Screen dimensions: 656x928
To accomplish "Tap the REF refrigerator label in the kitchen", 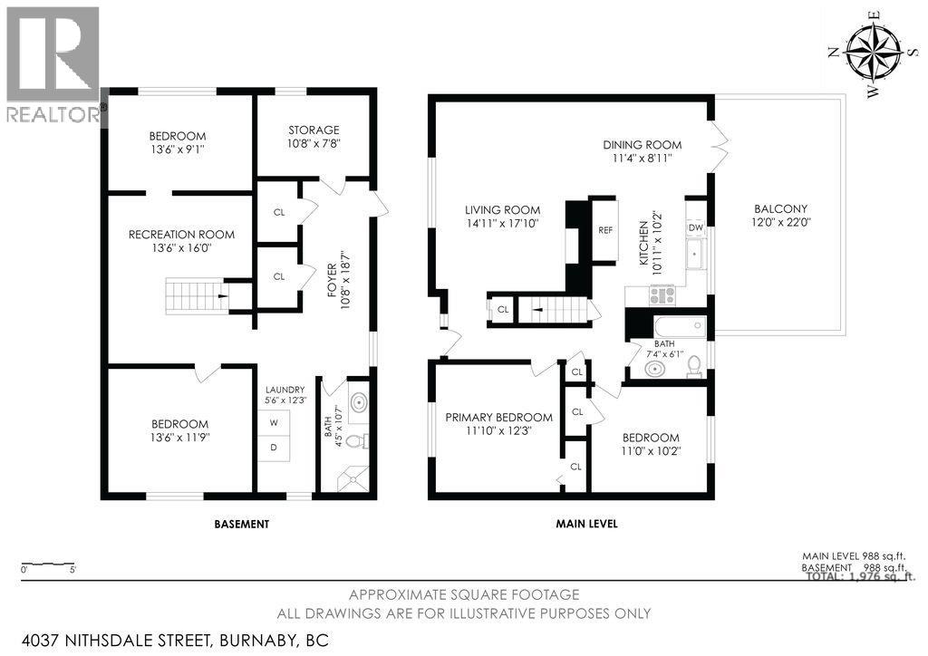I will pyautogui.click(x=605, y=230).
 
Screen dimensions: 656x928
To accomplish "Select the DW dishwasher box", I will pyautogui.click(x=696, y=227).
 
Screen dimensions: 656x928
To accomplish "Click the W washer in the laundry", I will pyautogui.click(x=273, y=422).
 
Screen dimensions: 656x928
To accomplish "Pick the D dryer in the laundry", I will pyautogui.click(x=273, y=448).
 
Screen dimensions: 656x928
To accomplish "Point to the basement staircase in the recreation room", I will pyautogui.click(x=195, y=295).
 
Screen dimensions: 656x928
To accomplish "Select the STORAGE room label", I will pyautogui.click(x=314, y=130).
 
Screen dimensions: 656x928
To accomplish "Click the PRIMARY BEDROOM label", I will pyautogui.click(x=498, y=418).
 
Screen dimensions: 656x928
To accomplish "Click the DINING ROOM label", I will pyautogui.click(x=643, y=145).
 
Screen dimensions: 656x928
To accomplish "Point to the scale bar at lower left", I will pyautogui.click(x=47, y=562).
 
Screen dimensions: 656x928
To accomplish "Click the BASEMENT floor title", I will pyautogui.click(x=241, y=524).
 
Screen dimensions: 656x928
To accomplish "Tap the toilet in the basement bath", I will pyautogui.click(x=359, y=441).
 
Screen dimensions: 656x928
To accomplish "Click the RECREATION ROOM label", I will pyautogui.click(x=181, y=235).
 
